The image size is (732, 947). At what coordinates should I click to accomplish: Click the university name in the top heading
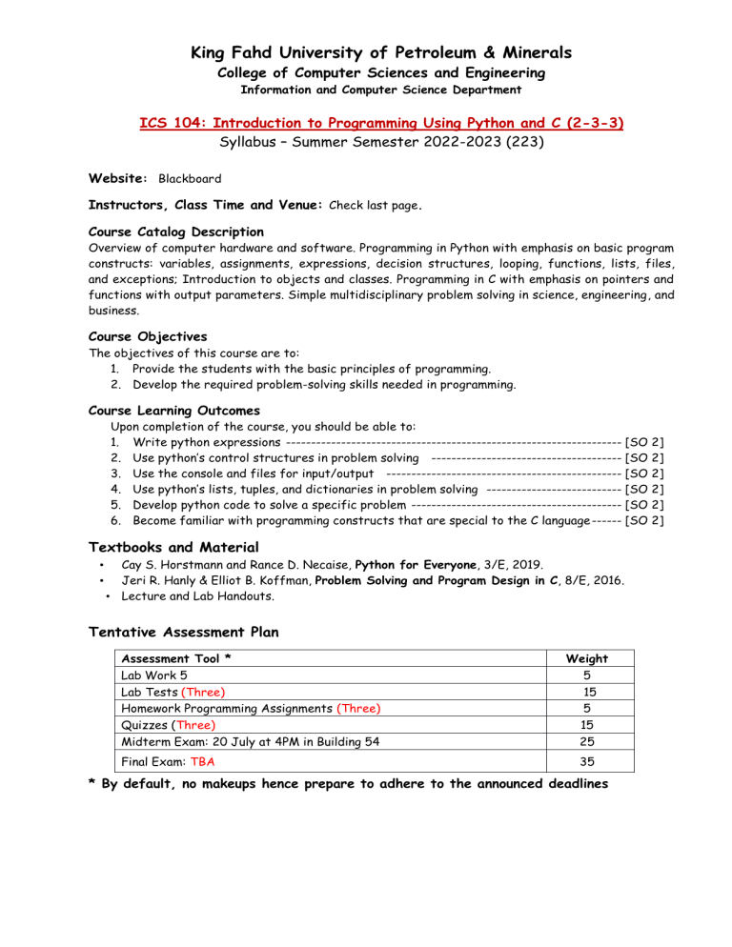click(366, 52)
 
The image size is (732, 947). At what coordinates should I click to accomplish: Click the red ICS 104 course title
click(366, 124)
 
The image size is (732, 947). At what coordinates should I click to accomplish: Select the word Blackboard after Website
click(191, 178)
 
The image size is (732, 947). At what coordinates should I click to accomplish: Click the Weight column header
click(587, 658)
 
